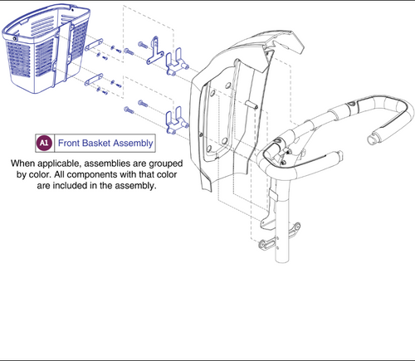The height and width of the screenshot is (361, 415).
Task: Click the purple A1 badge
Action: click(x=44, y=143)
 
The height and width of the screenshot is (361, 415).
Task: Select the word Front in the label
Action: click(x=69, y=143)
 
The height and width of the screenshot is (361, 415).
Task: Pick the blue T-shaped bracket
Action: click(x=153, y=51)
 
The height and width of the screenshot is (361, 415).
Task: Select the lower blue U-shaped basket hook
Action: click(x=175, y=121)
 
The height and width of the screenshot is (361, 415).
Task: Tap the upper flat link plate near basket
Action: click(x=94, y=45)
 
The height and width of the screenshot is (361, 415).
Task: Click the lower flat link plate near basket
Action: click(x=94, y=80)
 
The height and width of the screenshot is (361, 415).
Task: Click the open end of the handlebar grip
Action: click(x=372, y=138)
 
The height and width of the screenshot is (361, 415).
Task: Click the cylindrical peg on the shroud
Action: click(x=251, y=105)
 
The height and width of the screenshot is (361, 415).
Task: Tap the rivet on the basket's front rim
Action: click(x=14, y=39)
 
